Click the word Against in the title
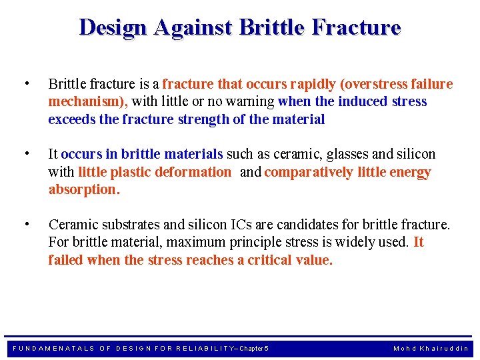pyautogui.click(x=193, y=27)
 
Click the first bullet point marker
pyautogui.click(x=25, y=83)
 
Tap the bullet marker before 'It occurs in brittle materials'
pyautogui.click(x=25, y=153)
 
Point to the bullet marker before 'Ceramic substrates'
pyautogui.click(x=25, y=223)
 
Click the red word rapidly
pyautogui.click(x=310, y=84)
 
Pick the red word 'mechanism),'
pyautogui.click(x=89, y=102)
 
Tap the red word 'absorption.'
pyautogui.click(x=84, y=189)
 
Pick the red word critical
pyautogui.click(x=269, y=260)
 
